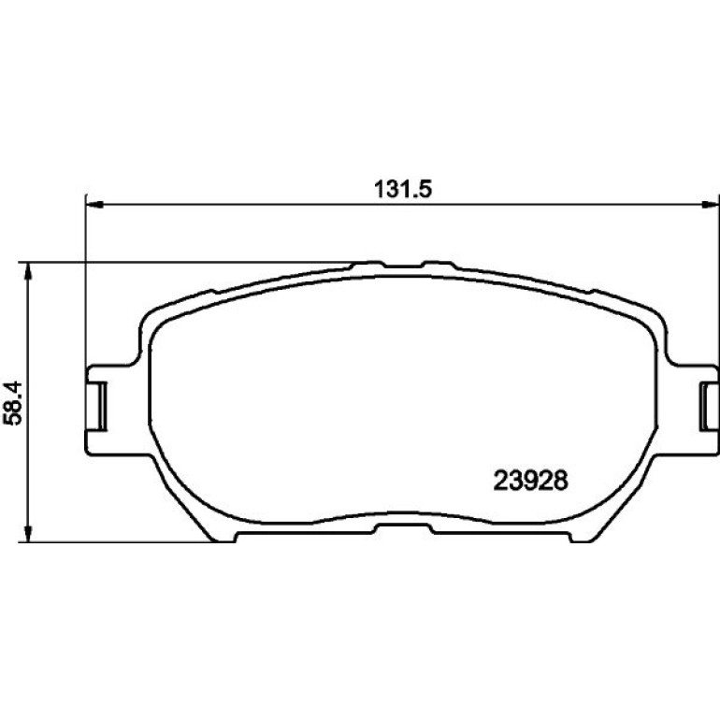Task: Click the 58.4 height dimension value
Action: (12, 403)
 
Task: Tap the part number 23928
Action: (530, 481)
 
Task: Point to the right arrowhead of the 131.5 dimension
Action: (711, 206)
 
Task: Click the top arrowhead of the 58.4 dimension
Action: (28, 271)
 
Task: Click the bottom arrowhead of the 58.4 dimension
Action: (28, 534)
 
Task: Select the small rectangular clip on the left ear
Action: (96, 406)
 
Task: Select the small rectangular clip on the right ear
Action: (709, 406)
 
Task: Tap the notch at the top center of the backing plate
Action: (403, 265)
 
